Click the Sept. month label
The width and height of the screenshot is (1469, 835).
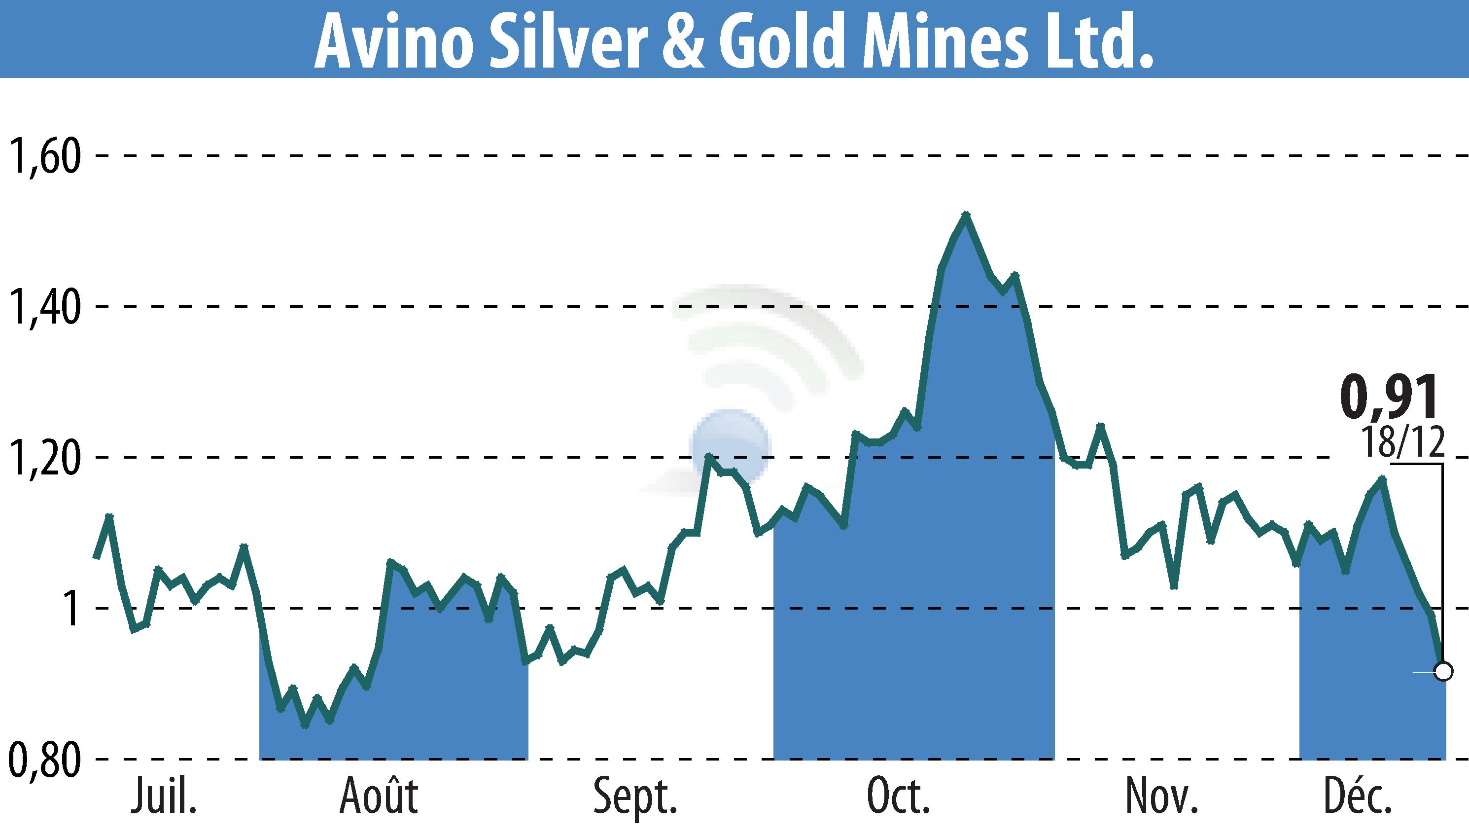point(635,797)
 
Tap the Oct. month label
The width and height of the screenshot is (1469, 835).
point(898,797)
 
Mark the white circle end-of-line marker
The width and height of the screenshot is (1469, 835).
point(1443,671)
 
